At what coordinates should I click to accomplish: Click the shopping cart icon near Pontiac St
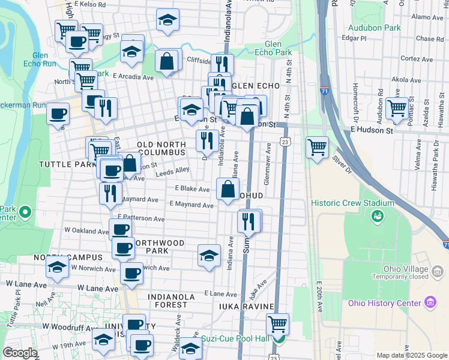[x=397, y=108]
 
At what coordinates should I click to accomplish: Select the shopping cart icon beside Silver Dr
[x=316, y=146]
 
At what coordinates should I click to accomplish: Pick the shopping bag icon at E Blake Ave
[x=228, y=189]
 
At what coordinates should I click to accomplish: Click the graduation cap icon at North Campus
[x=58, y=267]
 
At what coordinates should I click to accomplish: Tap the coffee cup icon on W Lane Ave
[x=131, y=273]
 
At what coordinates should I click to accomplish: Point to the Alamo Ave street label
[x=427, y=18]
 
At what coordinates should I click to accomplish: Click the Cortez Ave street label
[x=417, y=59]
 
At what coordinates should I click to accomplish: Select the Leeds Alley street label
[x=172, y=170]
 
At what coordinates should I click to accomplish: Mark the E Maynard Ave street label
[x=191, y=205]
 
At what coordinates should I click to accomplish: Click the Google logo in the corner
[x=20, y=353]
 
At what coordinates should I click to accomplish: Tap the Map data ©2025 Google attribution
[x=411, y=355]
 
